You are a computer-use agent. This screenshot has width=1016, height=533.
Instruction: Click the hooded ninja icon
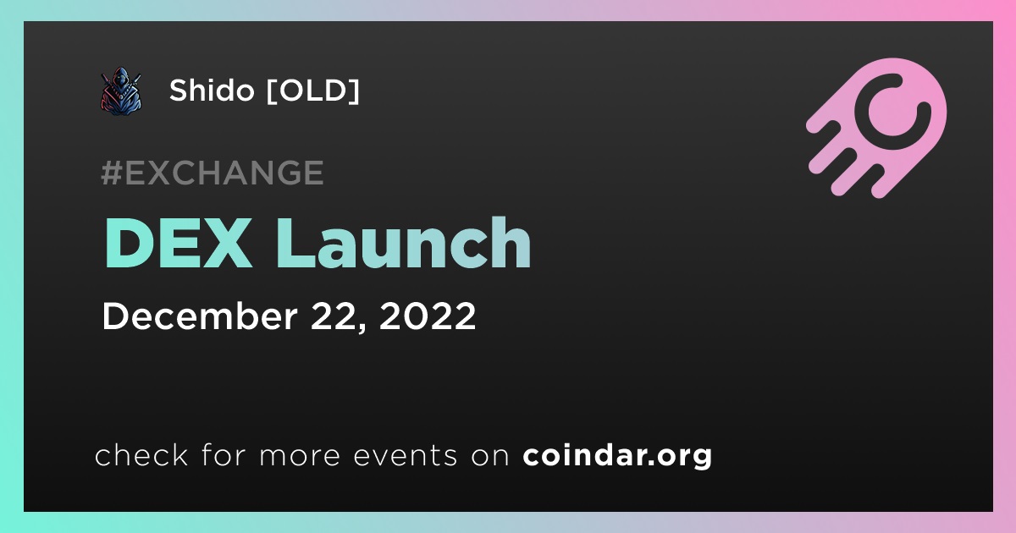[120, 91]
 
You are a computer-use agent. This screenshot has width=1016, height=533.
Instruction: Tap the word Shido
[212, 91]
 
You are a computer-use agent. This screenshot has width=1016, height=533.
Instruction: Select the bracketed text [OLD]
[313, 91]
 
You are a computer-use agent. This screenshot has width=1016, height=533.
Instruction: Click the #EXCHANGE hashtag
[213, 173]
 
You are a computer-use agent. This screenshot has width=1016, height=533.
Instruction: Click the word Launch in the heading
[404, 243]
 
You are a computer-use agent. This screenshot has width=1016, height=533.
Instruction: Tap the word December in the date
[200, 316]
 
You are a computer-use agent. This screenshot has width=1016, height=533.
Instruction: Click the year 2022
[428, 316]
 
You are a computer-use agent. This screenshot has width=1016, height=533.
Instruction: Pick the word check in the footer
[141, 455]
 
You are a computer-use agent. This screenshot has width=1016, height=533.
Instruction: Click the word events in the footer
[406, 455]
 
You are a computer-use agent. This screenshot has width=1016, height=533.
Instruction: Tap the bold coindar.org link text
[617, 456]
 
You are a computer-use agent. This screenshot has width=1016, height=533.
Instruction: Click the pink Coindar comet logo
[876, 128]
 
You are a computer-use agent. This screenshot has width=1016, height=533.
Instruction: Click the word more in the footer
[300, 456]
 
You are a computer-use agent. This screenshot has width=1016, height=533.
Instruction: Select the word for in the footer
[224, 454]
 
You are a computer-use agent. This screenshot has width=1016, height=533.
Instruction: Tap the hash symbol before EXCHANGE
[112, 173]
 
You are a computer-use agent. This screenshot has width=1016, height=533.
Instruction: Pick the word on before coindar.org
[490, 456]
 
